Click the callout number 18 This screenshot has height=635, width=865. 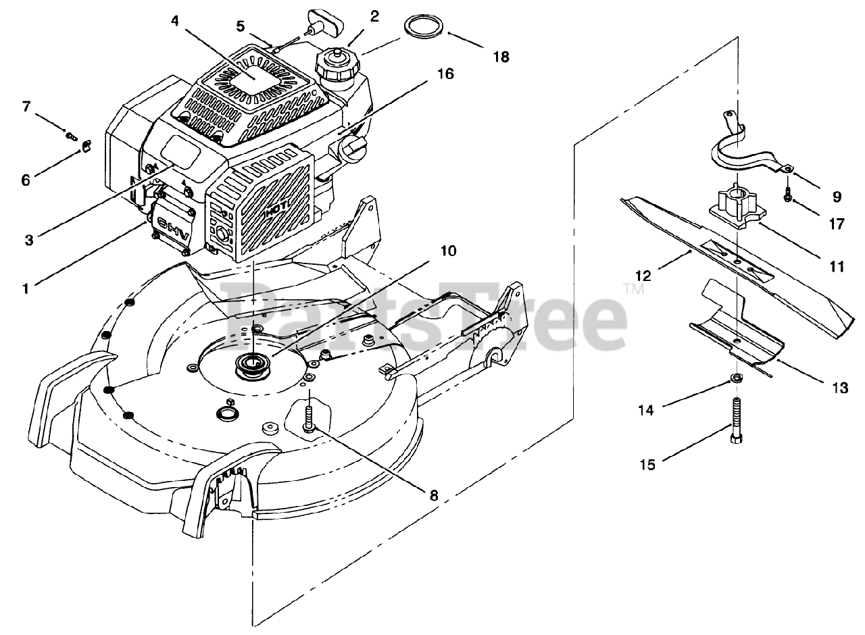[500, 57]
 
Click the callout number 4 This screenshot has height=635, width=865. [175, 20]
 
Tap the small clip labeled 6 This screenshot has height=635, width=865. [86, 145]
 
